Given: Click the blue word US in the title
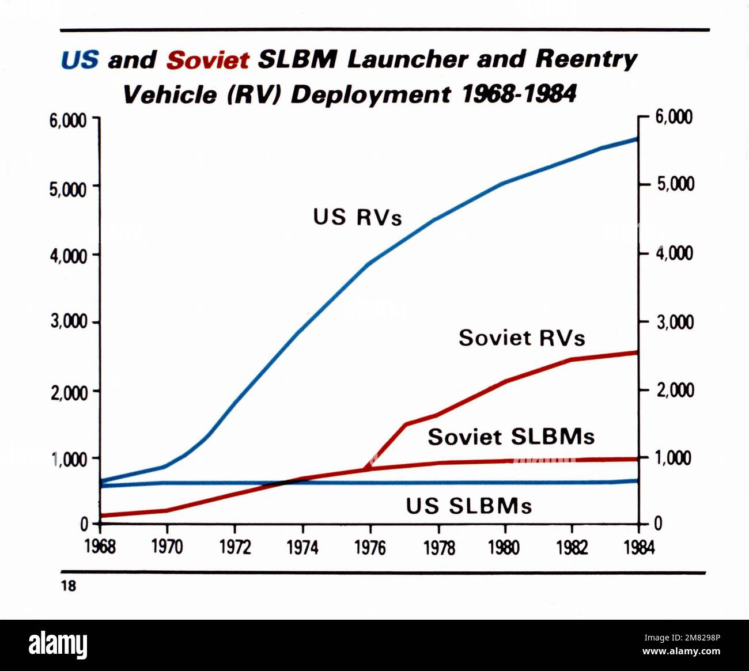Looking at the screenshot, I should [x=80, y=60].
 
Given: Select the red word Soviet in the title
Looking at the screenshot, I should [x=207, y=60].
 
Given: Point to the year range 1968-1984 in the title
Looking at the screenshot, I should [x=519, y=94].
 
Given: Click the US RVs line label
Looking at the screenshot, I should [x=357, y=217].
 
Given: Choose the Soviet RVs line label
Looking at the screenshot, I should [x=521, y=338].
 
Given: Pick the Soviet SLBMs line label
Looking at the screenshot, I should [x=510, y=437].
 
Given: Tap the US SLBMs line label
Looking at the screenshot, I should [x=468, y=506].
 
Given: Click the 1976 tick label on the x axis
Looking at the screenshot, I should [x=370, y=547].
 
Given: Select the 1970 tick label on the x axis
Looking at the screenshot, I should [x=167, y=547].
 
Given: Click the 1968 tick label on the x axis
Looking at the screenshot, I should [x=100, y=547].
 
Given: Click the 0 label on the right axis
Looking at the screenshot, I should [x=658, y=524].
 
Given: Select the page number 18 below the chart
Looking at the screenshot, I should [x=68, y=586].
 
